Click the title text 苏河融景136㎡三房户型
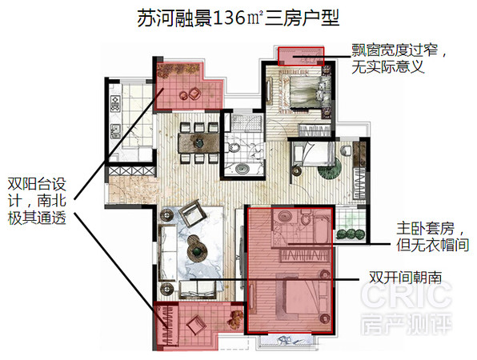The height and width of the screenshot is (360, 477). pos(238,18)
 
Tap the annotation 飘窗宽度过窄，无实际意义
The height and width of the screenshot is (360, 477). pos(399,58)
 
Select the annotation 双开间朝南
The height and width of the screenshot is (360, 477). pos(405,278)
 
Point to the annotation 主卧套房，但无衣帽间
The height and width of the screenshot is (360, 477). pos(432,237)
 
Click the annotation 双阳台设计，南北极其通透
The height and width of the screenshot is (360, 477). pos(37,201)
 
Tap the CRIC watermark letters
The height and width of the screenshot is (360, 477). pos(406,294)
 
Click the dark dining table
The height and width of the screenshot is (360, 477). pos(198,143)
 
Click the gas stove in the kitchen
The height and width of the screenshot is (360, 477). pos(115,103)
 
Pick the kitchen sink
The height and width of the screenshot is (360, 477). pos(115,131)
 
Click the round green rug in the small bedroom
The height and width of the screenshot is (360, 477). pos(330,167)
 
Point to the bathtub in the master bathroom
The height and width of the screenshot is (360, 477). pos(321,230)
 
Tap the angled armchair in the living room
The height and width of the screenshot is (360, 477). pos(191,213)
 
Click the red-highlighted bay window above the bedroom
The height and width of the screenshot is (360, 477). pos(301,56)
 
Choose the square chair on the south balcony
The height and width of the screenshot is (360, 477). pos(195,326)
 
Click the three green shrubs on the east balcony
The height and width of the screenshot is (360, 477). pos(350,234)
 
